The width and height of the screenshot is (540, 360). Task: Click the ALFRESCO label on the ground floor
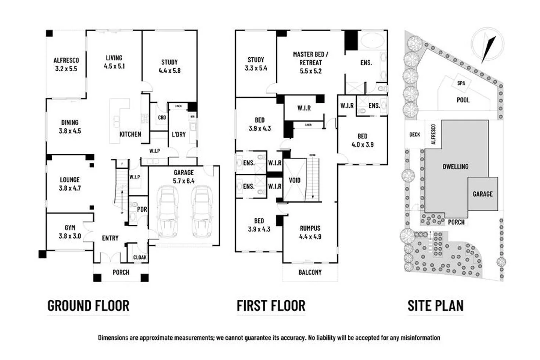66,61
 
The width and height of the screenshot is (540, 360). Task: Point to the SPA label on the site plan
461,83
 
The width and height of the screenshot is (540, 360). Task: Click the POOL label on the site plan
463,100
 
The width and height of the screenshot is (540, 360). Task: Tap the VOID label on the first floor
295,180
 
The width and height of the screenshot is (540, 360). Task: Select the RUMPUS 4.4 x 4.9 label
310,233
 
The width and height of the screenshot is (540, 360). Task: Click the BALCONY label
310,272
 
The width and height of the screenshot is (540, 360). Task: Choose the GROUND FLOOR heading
89,306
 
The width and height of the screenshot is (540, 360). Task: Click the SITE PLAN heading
435,306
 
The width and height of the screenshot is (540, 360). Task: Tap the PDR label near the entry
142,209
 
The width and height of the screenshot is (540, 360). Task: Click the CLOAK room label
140,258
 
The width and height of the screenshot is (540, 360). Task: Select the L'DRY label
179,134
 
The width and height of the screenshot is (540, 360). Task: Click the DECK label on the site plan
414,134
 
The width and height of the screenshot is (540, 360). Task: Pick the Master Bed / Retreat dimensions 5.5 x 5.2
310,71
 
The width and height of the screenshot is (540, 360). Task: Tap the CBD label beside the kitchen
162,118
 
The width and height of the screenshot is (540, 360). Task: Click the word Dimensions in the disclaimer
113,338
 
